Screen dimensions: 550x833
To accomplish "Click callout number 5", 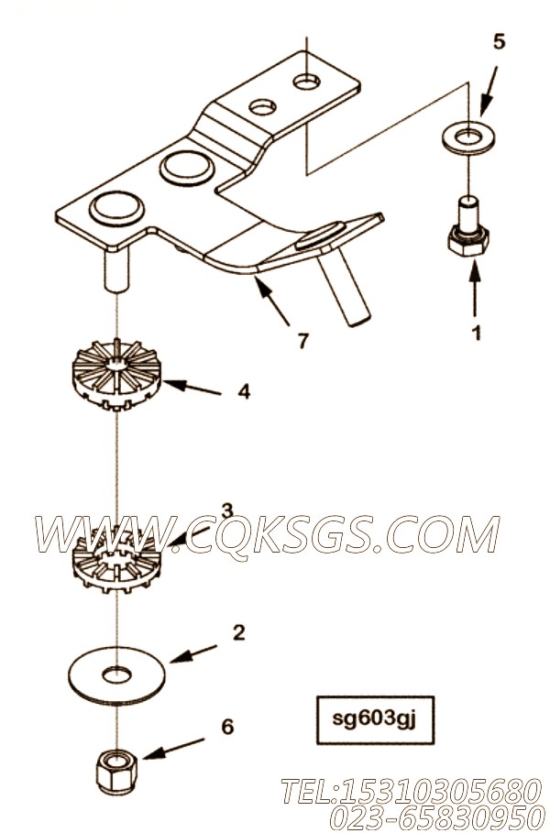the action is (x=499, y=41).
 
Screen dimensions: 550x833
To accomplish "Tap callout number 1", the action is (x=477, y=333).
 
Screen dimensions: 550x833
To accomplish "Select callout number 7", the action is (x=302, y=341).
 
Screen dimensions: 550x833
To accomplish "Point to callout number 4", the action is (x=244, y=392).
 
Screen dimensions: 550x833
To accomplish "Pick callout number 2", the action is (x=239, y=632).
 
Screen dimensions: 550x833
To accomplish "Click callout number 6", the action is (x=227, y=726).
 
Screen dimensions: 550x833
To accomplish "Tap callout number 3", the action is (x=227, y=511).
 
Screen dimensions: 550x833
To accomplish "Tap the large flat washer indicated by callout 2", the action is (x=117, y=675).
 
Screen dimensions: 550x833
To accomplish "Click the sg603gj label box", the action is (x=375, y=720).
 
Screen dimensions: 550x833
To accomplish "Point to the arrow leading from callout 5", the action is (x=489, y=90).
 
